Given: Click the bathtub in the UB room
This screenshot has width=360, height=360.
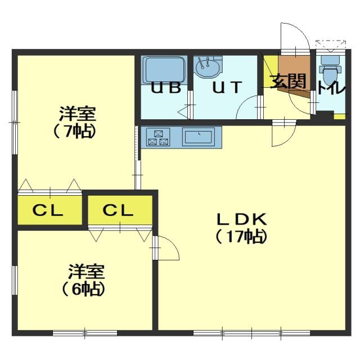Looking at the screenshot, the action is point(164,70).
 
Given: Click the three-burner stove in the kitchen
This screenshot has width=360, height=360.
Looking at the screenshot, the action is point(159,137).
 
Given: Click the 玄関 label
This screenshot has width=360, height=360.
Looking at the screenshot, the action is point(289,81).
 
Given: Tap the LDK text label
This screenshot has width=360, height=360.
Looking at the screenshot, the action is point(242,219).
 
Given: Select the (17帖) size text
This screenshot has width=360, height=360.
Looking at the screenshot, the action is point(242,236).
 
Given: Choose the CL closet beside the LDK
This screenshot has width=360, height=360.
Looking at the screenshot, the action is point(120,210).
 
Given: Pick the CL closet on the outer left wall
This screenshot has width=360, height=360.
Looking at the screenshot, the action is point(50,210).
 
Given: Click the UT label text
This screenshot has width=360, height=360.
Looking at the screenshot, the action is point(227,87).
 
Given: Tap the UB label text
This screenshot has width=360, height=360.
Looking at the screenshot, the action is point(166,88).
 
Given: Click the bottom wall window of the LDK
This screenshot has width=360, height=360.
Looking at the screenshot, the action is point(251,332).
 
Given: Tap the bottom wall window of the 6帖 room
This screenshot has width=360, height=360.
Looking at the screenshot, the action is point(85,332).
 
